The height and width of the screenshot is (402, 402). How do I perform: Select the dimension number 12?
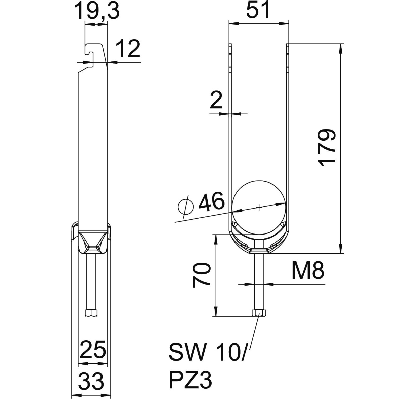128,49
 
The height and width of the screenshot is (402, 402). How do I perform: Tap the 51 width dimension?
258,11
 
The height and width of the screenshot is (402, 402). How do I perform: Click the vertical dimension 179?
327,148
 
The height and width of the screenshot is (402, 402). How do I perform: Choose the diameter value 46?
211,202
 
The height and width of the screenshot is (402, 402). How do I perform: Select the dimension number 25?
93,350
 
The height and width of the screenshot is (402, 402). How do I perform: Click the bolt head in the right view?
259,313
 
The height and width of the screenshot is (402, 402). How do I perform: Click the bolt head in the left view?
91,313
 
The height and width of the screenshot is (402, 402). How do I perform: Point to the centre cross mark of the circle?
259,208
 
